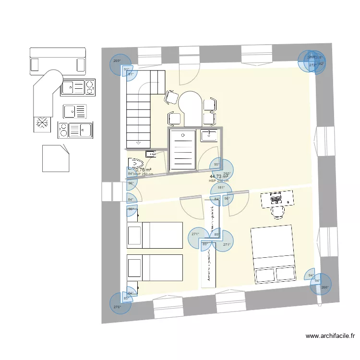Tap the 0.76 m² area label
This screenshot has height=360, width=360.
[x=144, y=169]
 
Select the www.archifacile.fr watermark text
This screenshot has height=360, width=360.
[x=329, y=337]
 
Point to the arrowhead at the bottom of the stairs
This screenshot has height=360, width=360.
[x=138, y=142]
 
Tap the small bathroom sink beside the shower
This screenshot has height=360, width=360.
[x=209, y=135]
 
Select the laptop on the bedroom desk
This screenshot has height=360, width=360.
[x=276, y=198]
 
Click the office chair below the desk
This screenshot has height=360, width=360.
[x=277, y=212]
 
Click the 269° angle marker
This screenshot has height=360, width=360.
[x=117, y=61]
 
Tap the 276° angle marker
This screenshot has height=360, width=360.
[x=117, y=306]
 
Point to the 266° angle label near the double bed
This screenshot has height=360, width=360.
[x=325, y=288]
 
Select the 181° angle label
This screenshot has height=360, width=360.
[x=221, y=188]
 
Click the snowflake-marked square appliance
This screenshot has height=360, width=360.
[x=43, y=124]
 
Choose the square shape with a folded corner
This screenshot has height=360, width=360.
[x=55, y=158]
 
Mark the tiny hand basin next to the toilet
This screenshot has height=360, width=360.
[x=150, y=154]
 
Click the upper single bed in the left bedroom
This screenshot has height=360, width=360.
[x=155, y=235]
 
